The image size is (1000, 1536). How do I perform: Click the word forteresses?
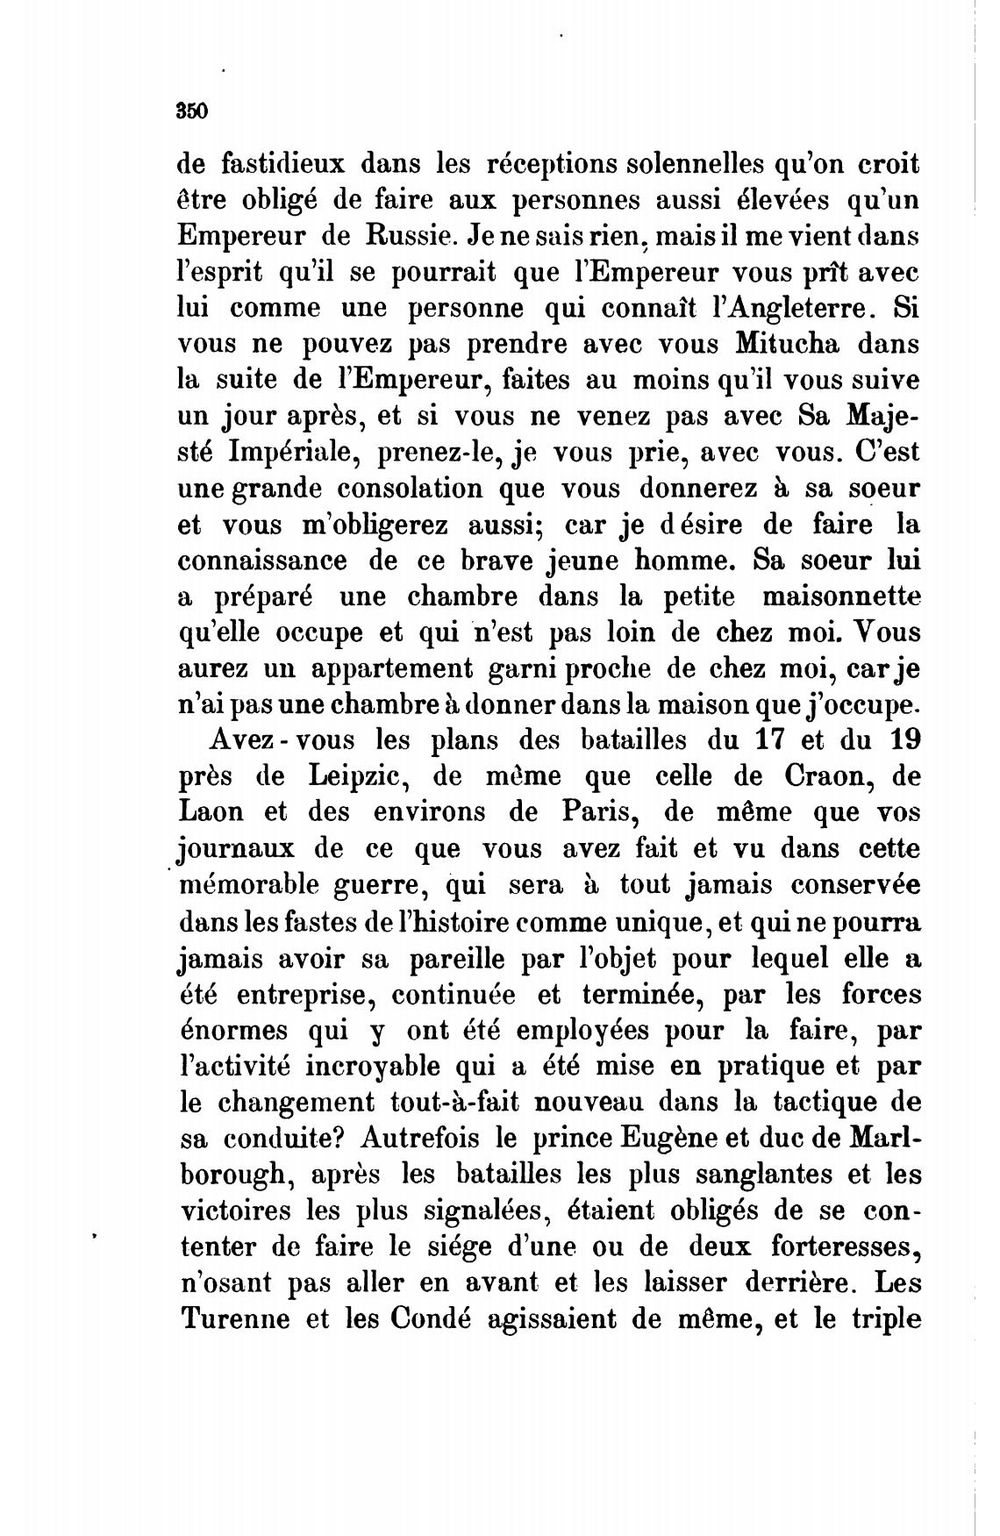(844, 1247)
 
